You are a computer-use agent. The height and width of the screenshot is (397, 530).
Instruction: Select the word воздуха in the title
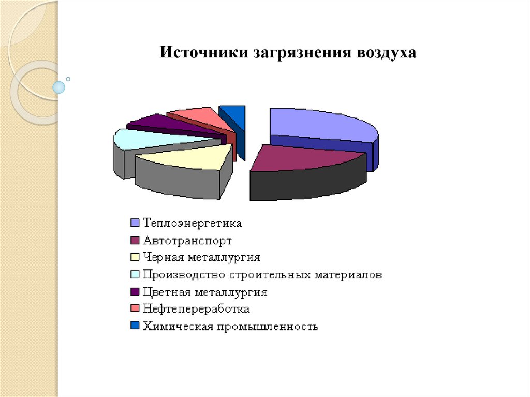click(x=386, y=53)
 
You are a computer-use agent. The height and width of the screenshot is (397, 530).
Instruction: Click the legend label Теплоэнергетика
click(x=193, y=224)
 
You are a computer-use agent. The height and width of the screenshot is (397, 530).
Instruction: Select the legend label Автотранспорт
click(x=187, y=241)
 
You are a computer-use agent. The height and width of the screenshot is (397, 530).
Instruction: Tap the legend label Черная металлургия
click(x=201, y=258)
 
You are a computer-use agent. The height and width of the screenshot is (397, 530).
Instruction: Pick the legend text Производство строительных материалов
click(x=262, y=275)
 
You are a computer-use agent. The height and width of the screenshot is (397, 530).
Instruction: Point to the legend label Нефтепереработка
click(x=196, y=309)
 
